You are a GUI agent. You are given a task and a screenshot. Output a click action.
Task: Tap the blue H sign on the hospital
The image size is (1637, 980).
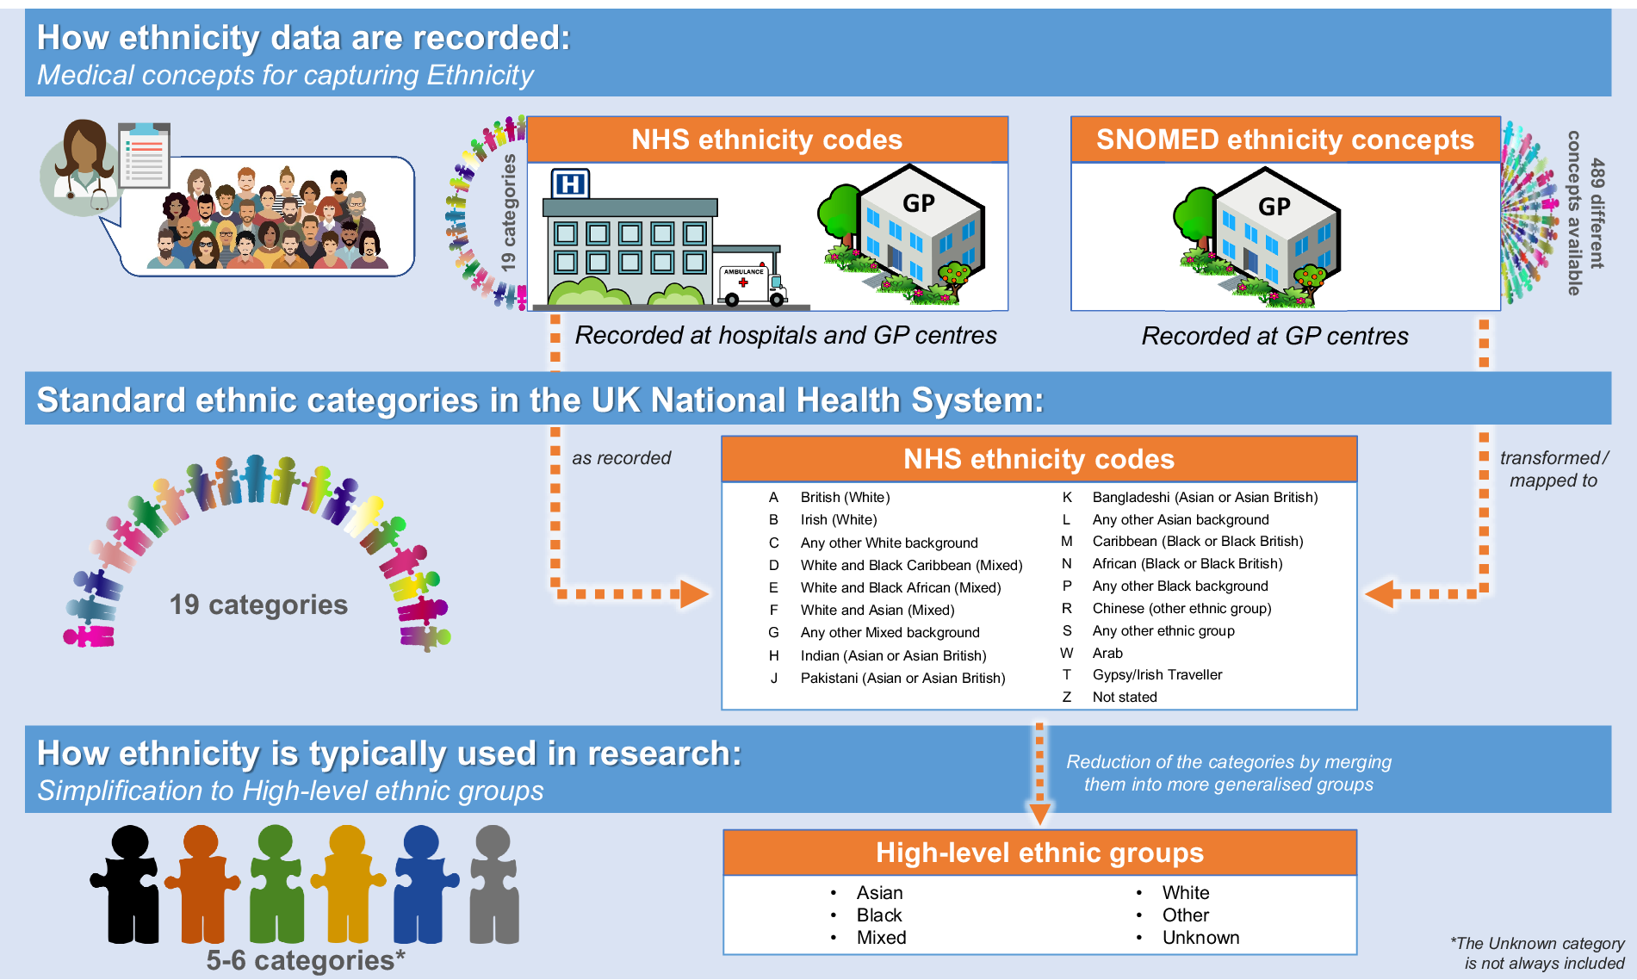[x=570, y=183]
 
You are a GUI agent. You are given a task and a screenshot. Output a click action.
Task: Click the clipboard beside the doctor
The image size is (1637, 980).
[x=145, y=155]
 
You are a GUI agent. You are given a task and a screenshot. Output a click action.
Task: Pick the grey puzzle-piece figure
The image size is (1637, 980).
[x=493, y=884]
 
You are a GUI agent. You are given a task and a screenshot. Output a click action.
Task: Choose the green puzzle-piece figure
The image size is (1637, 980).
[x=276, y=884]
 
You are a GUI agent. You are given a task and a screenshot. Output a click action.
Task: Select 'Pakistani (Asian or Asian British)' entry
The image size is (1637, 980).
[x=902, y=679]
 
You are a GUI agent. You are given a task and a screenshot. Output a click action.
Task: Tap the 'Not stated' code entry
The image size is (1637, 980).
[x=1124, y=698]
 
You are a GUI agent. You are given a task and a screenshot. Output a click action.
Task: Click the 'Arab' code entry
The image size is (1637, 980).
[x=1107, y=654]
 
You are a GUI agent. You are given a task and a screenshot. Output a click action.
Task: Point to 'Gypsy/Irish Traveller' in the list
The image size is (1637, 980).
[x=1156, y=675]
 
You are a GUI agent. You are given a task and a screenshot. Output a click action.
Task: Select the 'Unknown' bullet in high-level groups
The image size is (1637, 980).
[x=1200, y=938]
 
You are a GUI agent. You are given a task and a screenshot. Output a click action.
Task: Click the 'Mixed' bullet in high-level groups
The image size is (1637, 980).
[x=881, y=938]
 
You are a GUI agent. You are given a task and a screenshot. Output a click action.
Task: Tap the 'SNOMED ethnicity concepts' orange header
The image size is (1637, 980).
[x=1284, y=140]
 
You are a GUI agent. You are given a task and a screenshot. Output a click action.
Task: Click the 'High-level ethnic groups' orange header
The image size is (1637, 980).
[x=1039, y=853]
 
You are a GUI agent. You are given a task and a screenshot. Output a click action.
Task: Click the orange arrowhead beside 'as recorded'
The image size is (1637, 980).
[x=693, y=593]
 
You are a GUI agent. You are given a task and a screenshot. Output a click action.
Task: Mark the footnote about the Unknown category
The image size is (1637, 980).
[x=1538, y=953]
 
